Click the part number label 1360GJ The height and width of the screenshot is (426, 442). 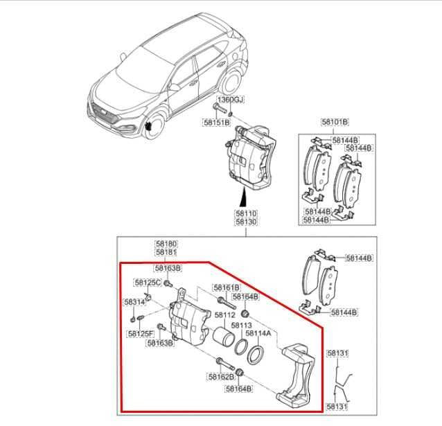(232, 101)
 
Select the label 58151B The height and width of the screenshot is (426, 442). (215, 122)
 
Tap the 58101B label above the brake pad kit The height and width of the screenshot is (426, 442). (335, 122)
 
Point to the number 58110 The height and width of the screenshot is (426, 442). (246, 214)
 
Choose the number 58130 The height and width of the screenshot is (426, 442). (246, 222)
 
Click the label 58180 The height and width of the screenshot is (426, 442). (166, 245)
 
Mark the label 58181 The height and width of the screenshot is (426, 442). (166, 253)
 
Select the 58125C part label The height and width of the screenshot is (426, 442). (148, 283)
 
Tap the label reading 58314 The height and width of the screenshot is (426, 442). (134, 302)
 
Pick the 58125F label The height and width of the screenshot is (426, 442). (141, 333)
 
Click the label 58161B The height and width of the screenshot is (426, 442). (226, 287)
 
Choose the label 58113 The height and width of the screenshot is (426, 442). (240, 325)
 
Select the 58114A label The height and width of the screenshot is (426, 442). (258, 333)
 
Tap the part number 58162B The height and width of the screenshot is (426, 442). (220, 378)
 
